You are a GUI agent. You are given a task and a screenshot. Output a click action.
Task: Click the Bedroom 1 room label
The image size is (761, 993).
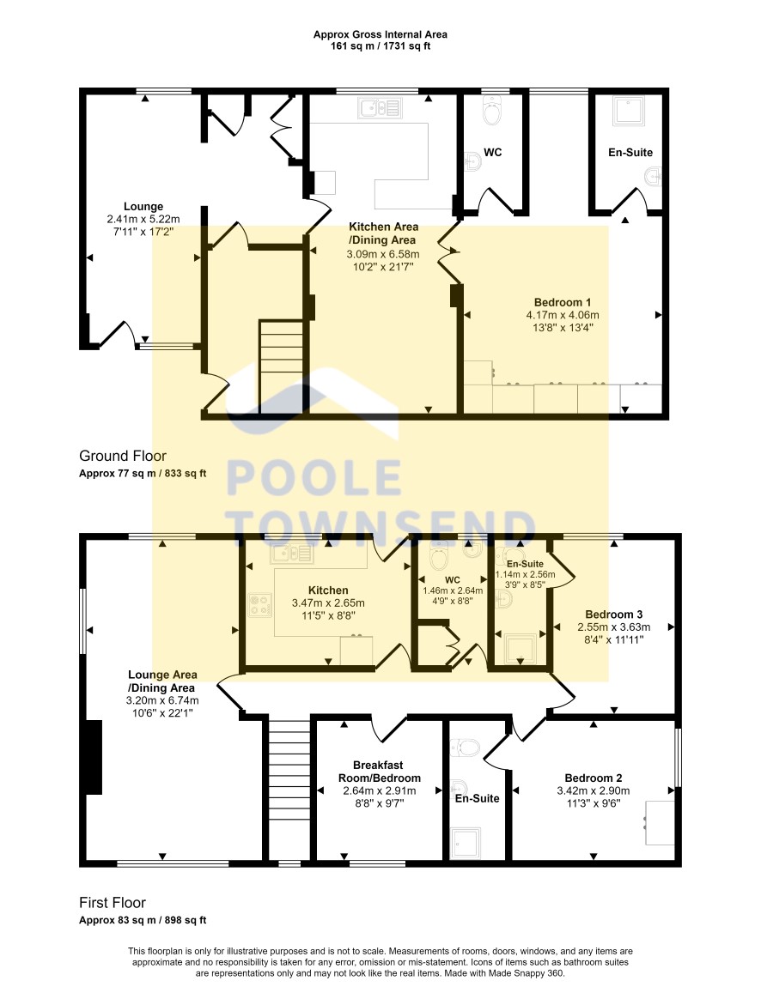(x=563, y=302)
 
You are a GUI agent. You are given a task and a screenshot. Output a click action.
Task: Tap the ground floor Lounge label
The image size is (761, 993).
(x=143, y=207)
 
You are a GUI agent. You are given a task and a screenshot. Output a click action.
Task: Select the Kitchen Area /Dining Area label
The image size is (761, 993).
(x=383, y=233)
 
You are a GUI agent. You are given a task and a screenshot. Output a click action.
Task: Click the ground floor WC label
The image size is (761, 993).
(x=492, y=152)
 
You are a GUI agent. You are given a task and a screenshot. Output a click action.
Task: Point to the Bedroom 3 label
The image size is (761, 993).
(x=614, y=615)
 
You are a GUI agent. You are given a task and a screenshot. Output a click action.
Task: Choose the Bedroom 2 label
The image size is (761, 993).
(x=594, y=778)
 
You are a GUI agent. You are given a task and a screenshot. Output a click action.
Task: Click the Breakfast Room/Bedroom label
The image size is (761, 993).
(x=380, y=772)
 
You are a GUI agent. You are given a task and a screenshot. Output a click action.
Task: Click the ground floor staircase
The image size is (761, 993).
(x=281, y=366)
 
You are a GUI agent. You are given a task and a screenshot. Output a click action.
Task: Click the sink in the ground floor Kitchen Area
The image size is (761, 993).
(x=380, y=107)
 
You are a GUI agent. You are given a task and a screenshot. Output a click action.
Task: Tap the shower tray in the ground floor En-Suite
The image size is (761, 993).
(x=629, y=111)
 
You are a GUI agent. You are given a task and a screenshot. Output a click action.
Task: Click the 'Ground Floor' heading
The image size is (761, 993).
(x=123, y=456)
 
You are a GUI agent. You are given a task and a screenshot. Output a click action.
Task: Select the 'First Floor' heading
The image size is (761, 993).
(x=113, y=902)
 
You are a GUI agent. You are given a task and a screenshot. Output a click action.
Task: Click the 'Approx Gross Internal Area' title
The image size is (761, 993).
(x=380, y=35)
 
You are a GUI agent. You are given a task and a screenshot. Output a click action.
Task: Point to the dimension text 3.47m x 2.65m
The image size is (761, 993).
(x=328, y=602)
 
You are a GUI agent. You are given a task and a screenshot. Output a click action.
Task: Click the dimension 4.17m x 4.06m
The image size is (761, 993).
(x=563, y=315)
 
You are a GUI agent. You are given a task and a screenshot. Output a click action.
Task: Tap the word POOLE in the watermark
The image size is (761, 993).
(x=314, y=477)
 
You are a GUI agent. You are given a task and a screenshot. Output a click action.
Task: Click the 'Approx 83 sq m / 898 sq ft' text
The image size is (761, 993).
(x=143, y=920)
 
